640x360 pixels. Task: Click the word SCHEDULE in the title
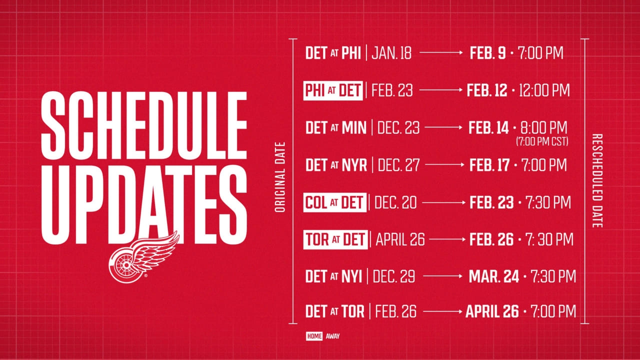(144, 125)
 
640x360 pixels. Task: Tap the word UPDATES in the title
(144, 205)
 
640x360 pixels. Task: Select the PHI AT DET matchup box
(333, 90)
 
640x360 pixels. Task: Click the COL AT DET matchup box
(335, 202)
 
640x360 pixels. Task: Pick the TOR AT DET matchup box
(335, 239)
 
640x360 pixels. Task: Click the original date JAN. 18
(391, 53)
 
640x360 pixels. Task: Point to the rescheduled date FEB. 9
(487, 53)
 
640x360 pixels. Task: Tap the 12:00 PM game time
(544, 90)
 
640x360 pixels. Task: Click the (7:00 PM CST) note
(542, 141)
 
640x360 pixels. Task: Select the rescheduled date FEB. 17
(489, 165)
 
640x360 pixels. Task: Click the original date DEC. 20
(395, 202)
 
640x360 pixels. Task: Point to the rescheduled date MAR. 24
(494, 276)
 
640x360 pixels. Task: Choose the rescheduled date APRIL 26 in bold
(492, 311)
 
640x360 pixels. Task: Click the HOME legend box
(314, 336)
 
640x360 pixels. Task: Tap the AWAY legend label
(332, 336)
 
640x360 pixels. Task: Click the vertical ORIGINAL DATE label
(280, 177)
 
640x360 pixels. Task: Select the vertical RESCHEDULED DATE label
(597, 180)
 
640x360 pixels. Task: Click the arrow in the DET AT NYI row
(442, 276)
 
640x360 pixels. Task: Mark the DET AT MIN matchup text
(335, 127)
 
